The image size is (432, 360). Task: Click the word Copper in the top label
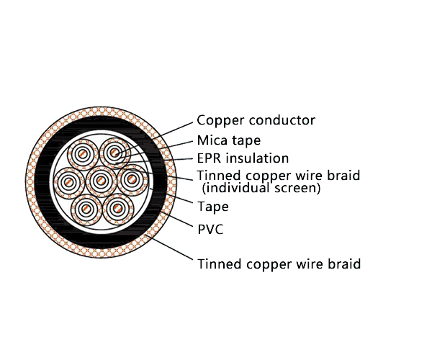[217, 121]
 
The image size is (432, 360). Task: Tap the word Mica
[212, 140]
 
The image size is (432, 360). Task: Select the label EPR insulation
[243, 158]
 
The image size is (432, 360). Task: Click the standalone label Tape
[213, 207]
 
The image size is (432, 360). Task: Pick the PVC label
[210, 230]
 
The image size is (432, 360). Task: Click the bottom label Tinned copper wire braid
[279, 264]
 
